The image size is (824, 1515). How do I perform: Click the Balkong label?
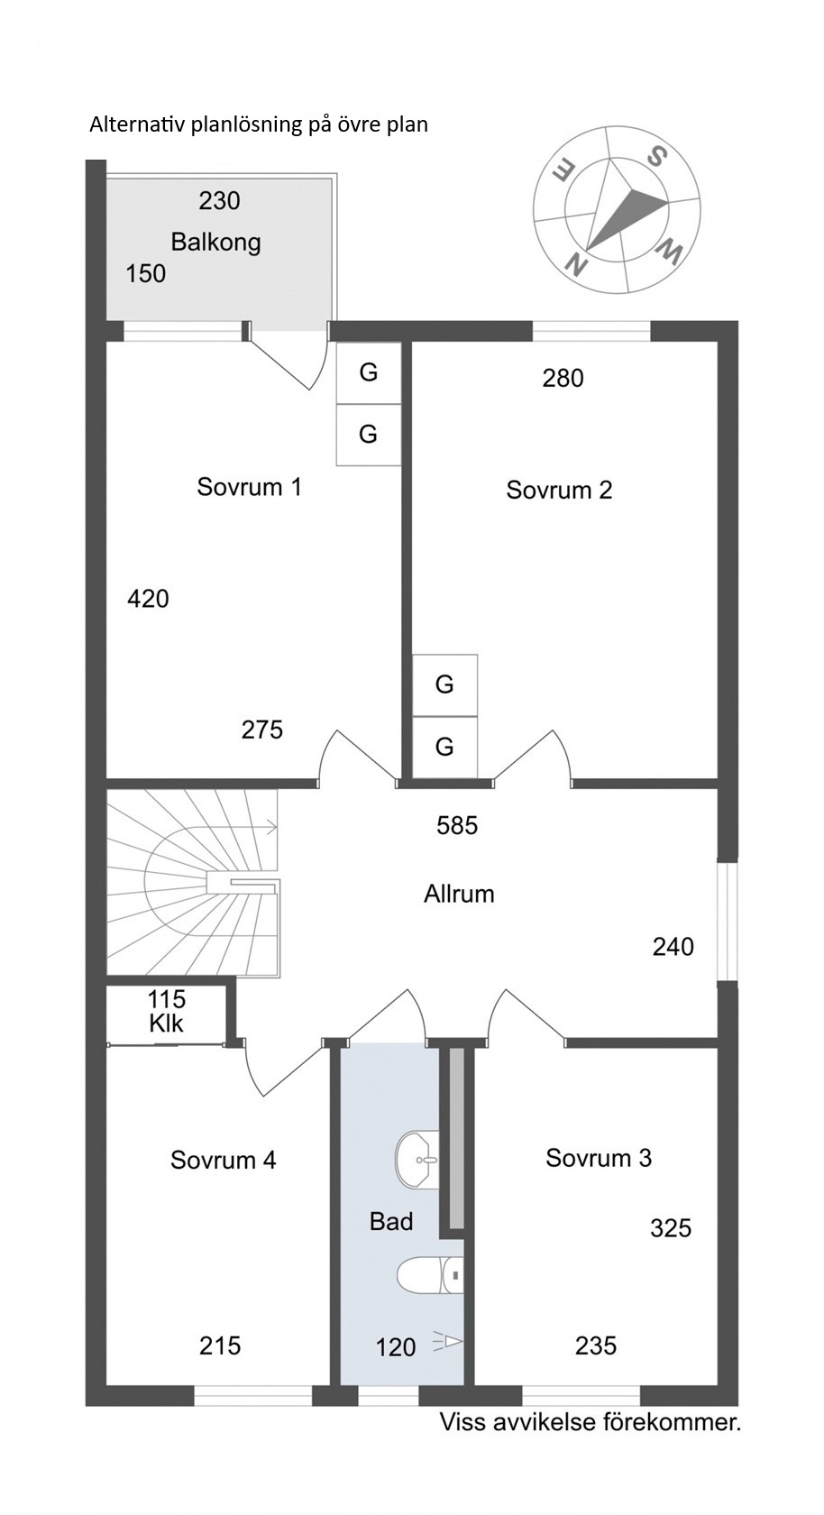pos(215,242)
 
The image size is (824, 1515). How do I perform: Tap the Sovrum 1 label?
pos(249,487)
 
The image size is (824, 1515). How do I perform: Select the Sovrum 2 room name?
pos(559,490)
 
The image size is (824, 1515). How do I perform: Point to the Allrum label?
pos(459,895)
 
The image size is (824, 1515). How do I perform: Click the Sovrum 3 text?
pos(599,1158)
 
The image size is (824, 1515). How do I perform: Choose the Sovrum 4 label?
pos(223,1160)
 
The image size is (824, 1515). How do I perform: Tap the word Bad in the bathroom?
pos(391,1221)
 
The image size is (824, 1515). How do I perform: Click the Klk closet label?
pos(166,1024)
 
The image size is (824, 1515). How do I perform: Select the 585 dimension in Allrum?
pos(457,825)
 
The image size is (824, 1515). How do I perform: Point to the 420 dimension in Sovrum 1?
pos(148,599)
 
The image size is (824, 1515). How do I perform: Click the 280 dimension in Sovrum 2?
pos(563,378)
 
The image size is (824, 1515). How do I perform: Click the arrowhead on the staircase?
pos(272,826)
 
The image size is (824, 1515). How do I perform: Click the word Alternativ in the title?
pos(138,125)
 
